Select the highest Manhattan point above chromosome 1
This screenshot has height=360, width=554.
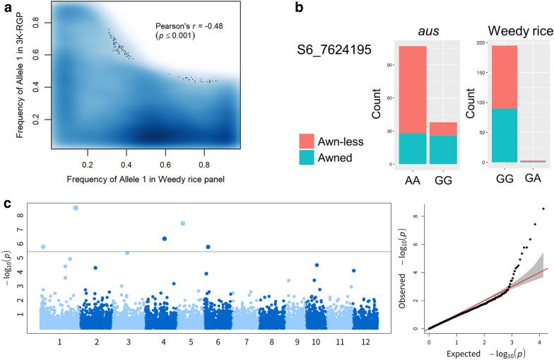(x=76, y=207)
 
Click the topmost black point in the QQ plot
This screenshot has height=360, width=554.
(x=543, y=209)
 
